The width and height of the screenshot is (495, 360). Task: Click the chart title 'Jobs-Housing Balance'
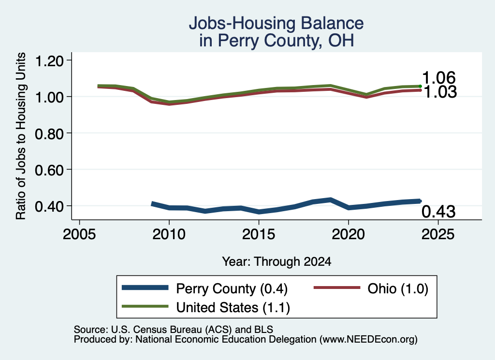click(x=276, y=23)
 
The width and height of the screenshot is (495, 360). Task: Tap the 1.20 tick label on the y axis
click(x=49, y=60)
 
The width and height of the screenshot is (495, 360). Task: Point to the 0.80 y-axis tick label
click(x=49, y=134)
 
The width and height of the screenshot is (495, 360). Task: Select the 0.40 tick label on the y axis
click(x=49, y=207)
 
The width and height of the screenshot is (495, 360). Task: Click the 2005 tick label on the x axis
click(x=80, y=234)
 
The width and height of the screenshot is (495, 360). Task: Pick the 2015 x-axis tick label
click(x=259, y=234)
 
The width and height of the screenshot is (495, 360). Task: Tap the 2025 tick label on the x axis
click(x=438, y=234)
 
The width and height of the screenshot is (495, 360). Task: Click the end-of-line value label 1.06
click(x=439, y=78)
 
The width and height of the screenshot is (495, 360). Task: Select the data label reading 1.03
click(x=440, y=92)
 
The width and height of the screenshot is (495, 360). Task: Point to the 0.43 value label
click(x=438, y=211)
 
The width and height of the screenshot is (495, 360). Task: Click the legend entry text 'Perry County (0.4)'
click(x=232, y=288)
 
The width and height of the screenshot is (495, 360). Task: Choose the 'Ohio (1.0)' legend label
click(x=398, y=288)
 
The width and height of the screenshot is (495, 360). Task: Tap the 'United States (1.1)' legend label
click(x=233, y=307)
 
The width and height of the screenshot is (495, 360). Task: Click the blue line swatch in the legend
click(x=145, y=288)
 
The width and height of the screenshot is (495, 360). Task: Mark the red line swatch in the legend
click(x=337, y=288)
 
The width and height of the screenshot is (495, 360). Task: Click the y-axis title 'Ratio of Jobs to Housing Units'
click(x=21, y=136)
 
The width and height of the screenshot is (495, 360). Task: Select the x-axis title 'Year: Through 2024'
click(x=277, y=261)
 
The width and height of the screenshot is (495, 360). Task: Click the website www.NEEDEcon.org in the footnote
click(x=368, y=340)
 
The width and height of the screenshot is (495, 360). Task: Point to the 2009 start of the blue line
click(x=152, y=204)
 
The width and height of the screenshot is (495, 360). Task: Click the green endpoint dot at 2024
click(x=420, y=86)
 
